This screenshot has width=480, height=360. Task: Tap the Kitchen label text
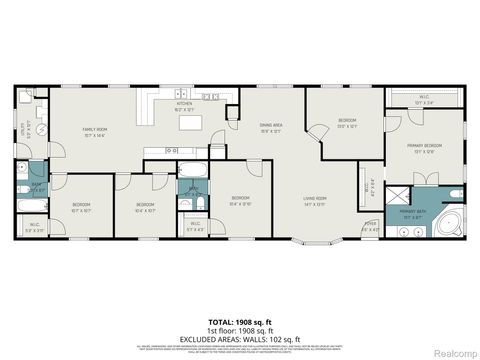coord(185,107)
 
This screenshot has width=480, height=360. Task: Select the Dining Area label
coord(270,127)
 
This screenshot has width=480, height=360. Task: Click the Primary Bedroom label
coord(422,149)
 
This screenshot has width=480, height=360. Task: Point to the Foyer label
coord(369,226)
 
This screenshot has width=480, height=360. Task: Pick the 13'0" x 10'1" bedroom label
coord(347,123)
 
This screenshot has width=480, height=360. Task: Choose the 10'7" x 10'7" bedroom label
coord(81,209)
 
